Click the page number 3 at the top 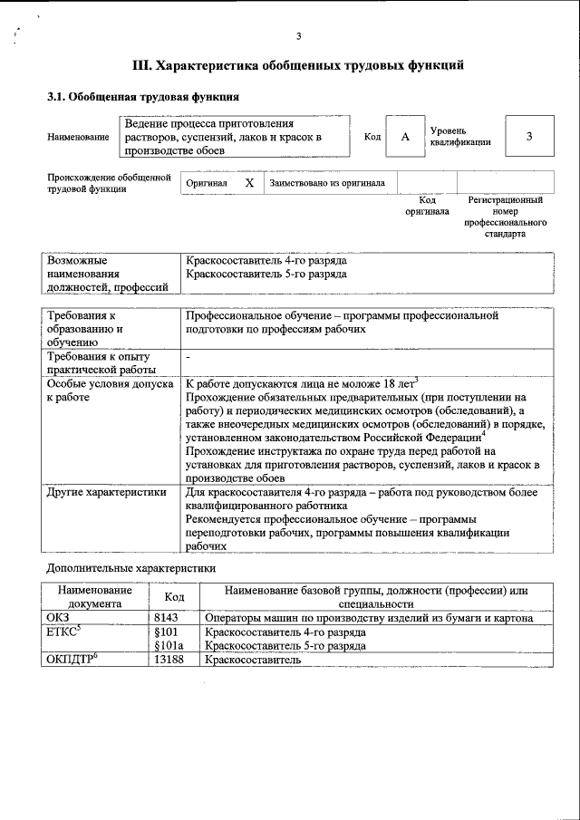coord(298,36)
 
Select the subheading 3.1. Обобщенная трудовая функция coord(143,96)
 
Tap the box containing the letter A coord(405,136)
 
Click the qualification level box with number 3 coord(528,136)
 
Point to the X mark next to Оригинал coord(249,183)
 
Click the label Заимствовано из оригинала coord(327,183)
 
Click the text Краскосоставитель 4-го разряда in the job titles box coord(266,260)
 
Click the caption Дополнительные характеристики coord(131,568)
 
